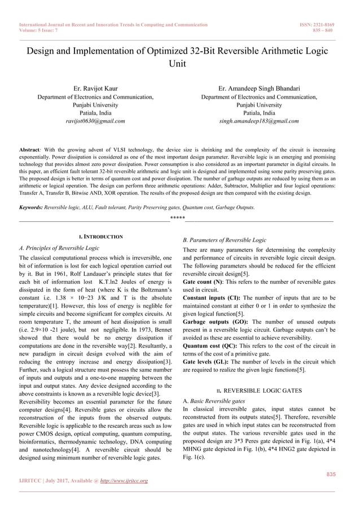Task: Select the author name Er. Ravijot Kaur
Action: coord(95,89)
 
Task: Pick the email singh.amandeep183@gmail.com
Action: coord(259,121)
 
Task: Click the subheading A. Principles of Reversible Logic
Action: coord(59,248)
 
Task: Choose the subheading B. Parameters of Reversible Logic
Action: coord(225,240)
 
